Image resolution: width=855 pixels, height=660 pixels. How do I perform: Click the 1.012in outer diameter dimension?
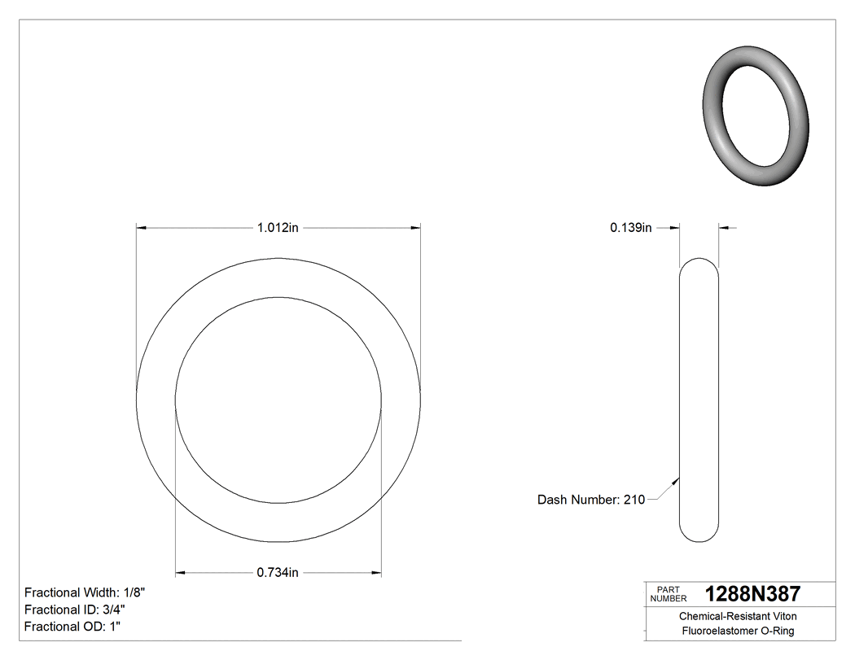[278, 228]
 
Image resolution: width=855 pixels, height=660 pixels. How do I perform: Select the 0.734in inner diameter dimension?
[278, 572]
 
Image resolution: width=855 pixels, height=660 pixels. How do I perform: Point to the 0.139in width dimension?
[630, 228]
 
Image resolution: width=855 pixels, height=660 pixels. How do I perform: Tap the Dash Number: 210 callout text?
[590, 500]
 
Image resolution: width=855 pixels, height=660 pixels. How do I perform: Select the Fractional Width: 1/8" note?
[85, 592]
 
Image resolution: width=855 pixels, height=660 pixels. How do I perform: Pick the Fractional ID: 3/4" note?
[75, 610]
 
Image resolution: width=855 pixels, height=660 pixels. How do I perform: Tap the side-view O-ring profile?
[699, 400]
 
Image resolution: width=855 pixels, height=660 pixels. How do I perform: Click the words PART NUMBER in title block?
[669, 594]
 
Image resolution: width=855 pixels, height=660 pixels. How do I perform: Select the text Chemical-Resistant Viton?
[738, 617]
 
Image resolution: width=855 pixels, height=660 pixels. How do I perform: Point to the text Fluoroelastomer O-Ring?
[738, 632]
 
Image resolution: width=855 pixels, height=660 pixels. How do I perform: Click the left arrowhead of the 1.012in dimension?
[141, 228]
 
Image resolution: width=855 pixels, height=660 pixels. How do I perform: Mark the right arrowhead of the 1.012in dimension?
[415, 228]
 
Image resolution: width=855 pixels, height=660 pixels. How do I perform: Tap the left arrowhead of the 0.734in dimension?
[182, 572]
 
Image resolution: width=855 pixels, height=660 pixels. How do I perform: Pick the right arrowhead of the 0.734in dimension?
[376, 572]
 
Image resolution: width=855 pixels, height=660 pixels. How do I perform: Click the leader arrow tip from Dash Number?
[677, 479]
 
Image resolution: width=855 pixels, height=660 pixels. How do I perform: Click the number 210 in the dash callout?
[634, 500]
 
